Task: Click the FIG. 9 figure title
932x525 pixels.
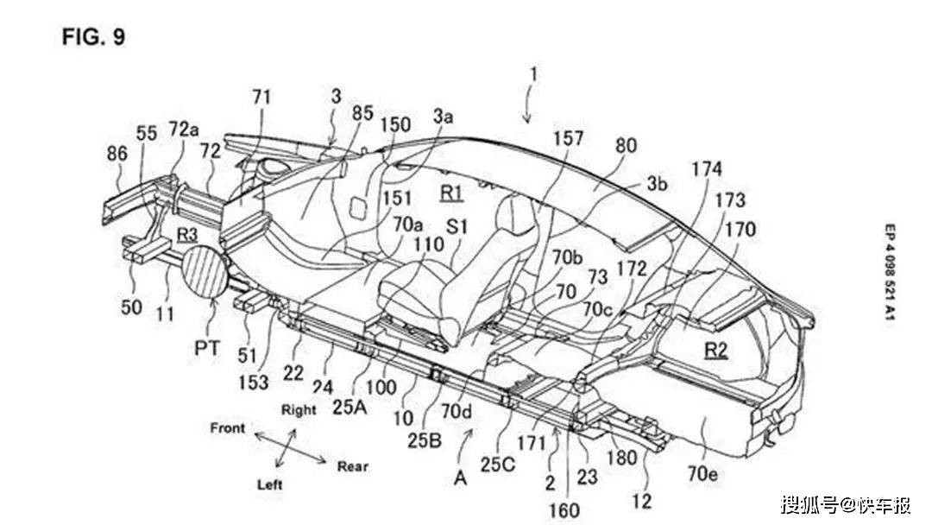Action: pyautogui.click(x=94, y=37)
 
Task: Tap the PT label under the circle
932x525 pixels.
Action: pyautogui.click(x=207, y=346)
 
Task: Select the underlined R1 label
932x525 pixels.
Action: pyautogui.click(x=451, y=192)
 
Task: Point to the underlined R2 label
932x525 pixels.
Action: pyautogui.click(x=715, y=351)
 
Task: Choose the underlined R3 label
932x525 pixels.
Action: pyautogui.click(x=186, y=235)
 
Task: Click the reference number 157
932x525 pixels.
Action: pyautogui.click(x=568, y=138)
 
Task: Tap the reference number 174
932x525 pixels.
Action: pyautogui.click(x=706, y=169)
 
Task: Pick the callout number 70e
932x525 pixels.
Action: pyautogui.click(x=702, y=474)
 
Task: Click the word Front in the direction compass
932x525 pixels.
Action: pyautogui.click(x=228, y=427)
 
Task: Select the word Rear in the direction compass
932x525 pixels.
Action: pyautogui.click(x=352, y=466)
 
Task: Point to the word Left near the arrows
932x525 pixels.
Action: pyautogui.click(x=269, y=484)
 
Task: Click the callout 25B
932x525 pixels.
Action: pyautogui.click(x=425, y=440)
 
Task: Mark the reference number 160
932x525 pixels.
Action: pyautogui.click(x=564, y=509)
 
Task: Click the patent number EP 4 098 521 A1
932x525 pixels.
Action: pyautogui.click(x=889, y=274)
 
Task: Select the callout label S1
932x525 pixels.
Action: pyautogui.click(x=457, y=227)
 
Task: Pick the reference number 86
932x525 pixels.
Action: pyautogui.click(x=117, y=154)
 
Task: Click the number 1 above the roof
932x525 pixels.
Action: pyautogui.click(x=534, y=74)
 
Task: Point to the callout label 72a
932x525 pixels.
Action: pyautogui.click(x=184, y=129)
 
